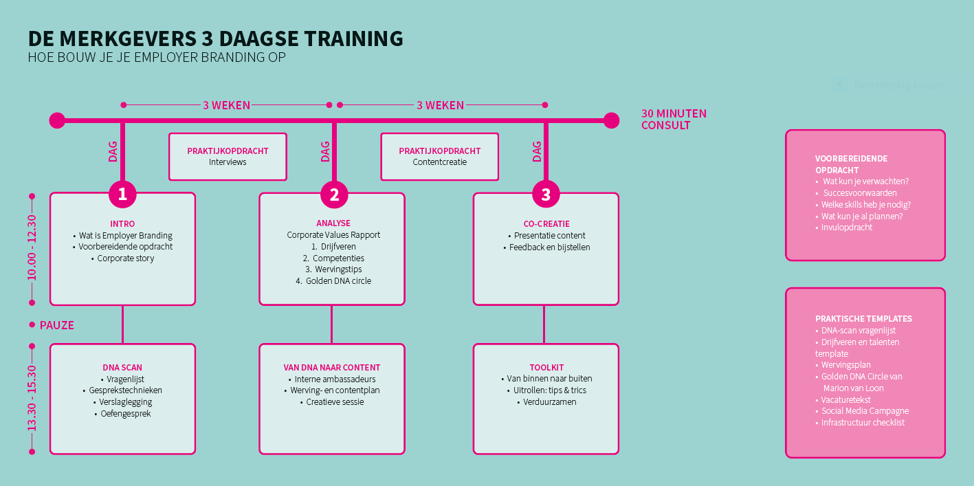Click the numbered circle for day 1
point(122,194)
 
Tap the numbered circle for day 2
point(334,194)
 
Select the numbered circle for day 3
point(546,194)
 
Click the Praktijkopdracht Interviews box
point(228,157)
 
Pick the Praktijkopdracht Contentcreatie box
point(440,157)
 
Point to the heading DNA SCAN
point(122,368)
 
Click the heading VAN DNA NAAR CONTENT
point(332,368)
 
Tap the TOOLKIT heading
point(546,368)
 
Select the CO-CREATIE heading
point(546,223)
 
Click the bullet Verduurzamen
point(549,402)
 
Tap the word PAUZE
point(57,325)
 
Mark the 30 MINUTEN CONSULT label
point(674,120)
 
